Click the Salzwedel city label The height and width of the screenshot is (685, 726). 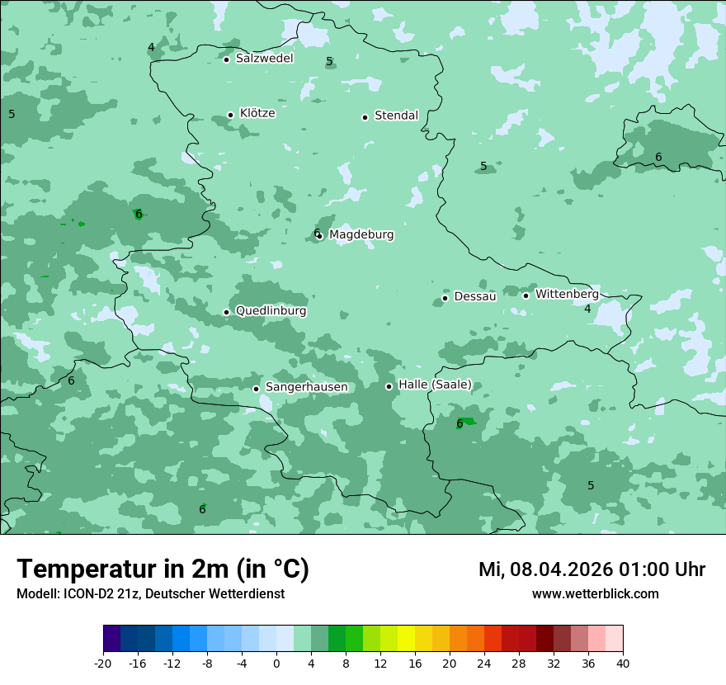point(264,59)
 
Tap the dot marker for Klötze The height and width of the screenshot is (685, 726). point(230,116)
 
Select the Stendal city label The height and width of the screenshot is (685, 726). point(396,116)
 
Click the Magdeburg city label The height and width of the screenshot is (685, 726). point(361,235)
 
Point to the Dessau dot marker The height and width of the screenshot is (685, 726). point(445,298)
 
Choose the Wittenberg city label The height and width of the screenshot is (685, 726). point(567,294)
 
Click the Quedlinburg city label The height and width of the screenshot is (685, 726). point(271,311)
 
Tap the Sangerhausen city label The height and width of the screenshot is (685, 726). point(306,387)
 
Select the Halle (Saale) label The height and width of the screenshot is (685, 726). point(435,385)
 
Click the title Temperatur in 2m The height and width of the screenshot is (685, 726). point(163,569)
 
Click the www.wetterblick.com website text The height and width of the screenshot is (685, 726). point(595,594)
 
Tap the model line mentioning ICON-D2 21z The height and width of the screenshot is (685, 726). point(150,594)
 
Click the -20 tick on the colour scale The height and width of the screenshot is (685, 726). point(103,663)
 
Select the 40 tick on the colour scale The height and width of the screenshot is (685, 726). point(622,663)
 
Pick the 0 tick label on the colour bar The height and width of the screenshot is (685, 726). point(276,663)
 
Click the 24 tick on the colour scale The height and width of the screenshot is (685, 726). point(484,663)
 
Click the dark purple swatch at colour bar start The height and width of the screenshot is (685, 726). point(112,639)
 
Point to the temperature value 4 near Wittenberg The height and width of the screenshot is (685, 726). point(587,309)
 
